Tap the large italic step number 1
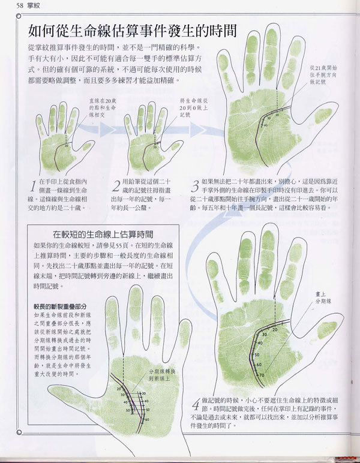[33, 185]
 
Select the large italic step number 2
[116, 185]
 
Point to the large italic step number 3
[194, 185]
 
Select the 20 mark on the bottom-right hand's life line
[274, 329]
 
